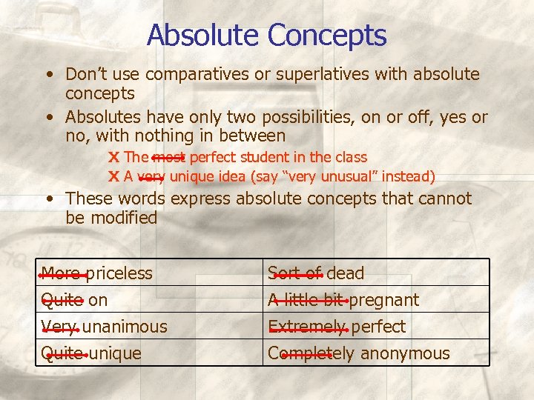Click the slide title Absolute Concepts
click(x=266, y=35)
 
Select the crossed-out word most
click(x=169, y=157)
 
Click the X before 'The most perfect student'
click(x=114, y=157)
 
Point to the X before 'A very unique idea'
click(x=114, y=176)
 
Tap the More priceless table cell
click(x=97, y=273)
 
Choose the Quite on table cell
click(x=74, y=299)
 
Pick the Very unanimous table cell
click(x=104, y=326)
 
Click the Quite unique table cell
click(x=90, y=353)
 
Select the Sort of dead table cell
click(x=316, y=273)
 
